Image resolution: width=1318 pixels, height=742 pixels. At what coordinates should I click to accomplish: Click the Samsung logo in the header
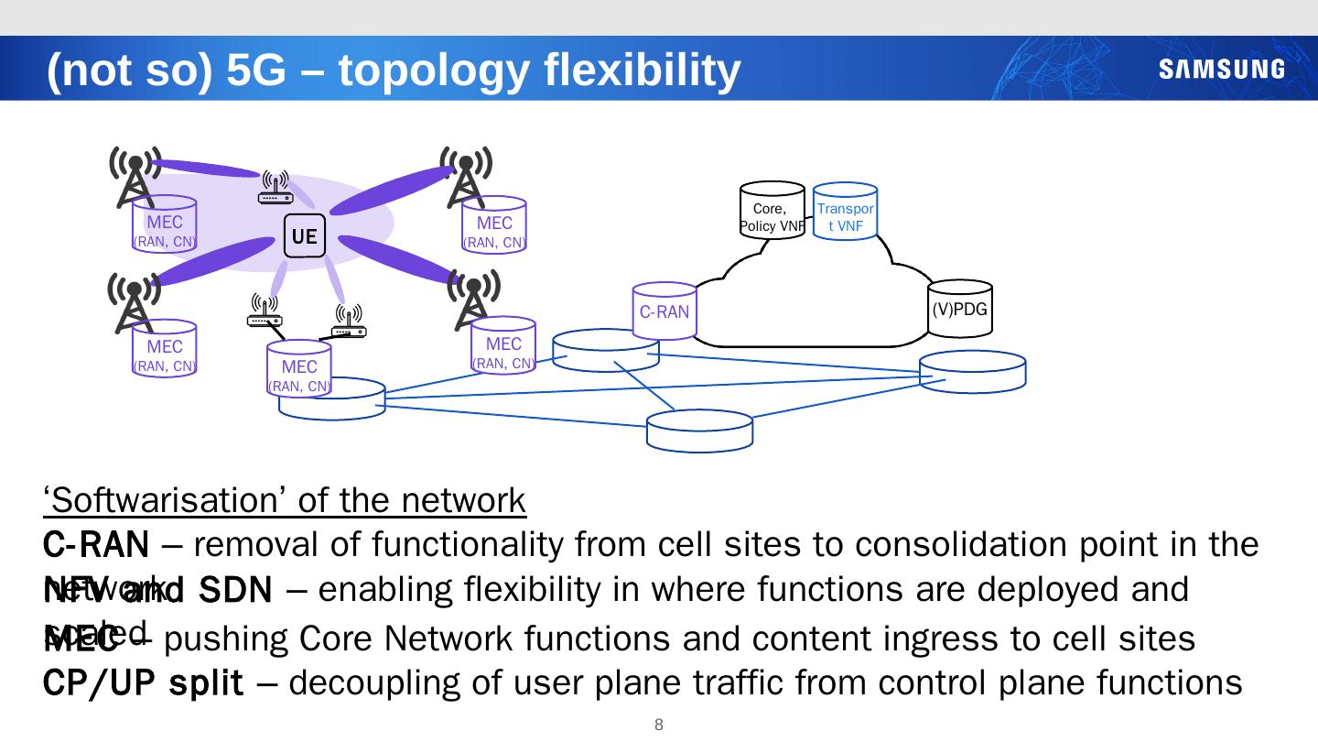[1221, 70]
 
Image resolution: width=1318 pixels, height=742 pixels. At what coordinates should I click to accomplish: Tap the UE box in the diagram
[304, 236]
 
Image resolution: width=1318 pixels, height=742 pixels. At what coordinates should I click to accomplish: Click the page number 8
[658, 726]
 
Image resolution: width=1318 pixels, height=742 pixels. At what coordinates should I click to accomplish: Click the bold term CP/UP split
[144, 682]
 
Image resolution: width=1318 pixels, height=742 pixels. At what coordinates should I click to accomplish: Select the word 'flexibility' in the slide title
[642, 71]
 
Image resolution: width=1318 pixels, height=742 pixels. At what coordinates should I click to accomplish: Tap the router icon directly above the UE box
[275, 187]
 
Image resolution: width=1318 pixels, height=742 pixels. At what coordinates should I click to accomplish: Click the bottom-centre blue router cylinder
[699, 431]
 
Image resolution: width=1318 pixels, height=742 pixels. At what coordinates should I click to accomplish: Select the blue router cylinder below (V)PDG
[972, 372]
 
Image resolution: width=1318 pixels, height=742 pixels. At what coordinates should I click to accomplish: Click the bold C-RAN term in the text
[96, 546]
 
